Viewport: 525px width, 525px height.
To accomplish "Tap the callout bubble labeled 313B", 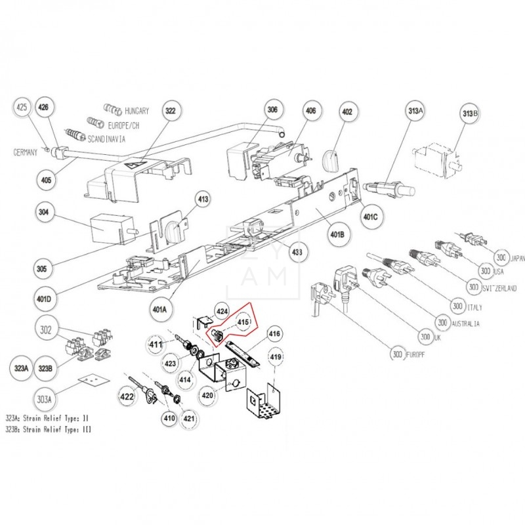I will (471, 116).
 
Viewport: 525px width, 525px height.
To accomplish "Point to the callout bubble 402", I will (346, 112).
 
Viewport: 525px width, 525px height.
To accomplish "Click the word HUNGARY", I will (136, 110).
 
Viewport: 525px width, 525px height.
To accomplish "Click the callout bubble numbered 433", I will (297, 251).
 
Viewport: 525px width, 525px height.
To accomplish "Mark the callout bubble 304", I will (45, 213).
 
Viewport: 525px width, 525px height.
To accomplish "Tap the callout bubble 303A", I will (45, 396).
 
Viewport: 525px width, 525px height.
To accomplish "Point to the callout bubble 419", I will (276, 357).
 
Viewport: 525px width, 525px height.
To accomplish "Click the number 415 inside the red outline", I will (243, 322).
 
